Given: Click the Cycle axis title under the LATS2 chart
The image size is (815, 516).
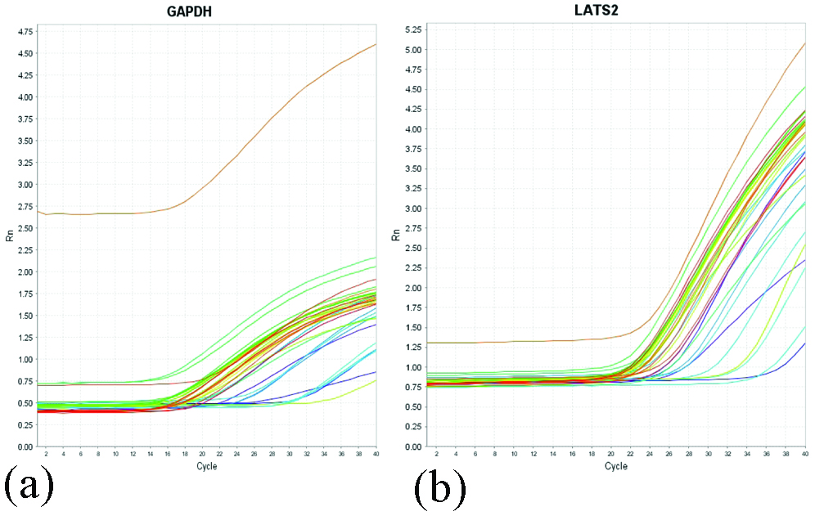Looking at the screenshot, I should coord(615,466).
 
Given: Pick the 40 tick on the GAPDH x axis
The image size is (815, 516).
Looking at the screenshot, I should coord(376,453).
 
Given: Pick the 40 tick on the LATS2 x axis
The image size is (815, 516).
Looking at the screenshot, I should coord(805,453).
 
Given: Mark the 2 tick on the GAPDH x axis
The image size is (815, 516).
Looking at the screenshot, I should coord(46,453).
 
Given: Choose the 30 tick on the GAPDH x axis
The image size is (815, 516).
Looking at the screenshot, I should coord(289,453).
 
